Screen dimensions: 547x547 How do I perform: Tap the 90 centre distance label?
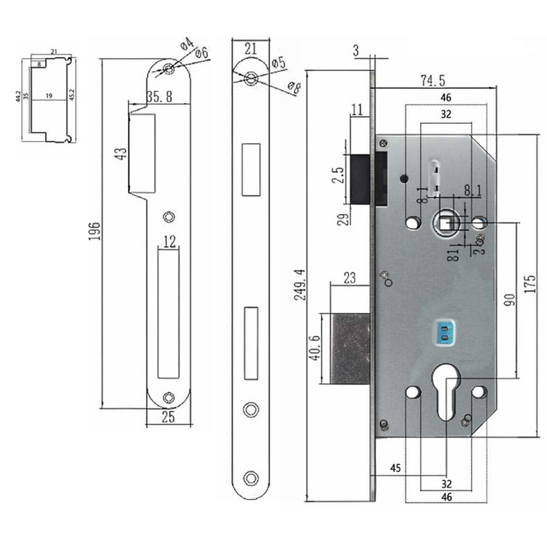click(509, 299)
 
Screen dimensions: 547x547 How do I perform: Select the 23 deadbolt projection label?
click(350, 278)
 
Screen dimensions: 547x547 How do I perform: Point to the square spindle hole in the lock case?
click(446, 222)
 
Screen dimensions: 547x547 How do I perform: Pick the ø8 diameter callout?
click(295, 87)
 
